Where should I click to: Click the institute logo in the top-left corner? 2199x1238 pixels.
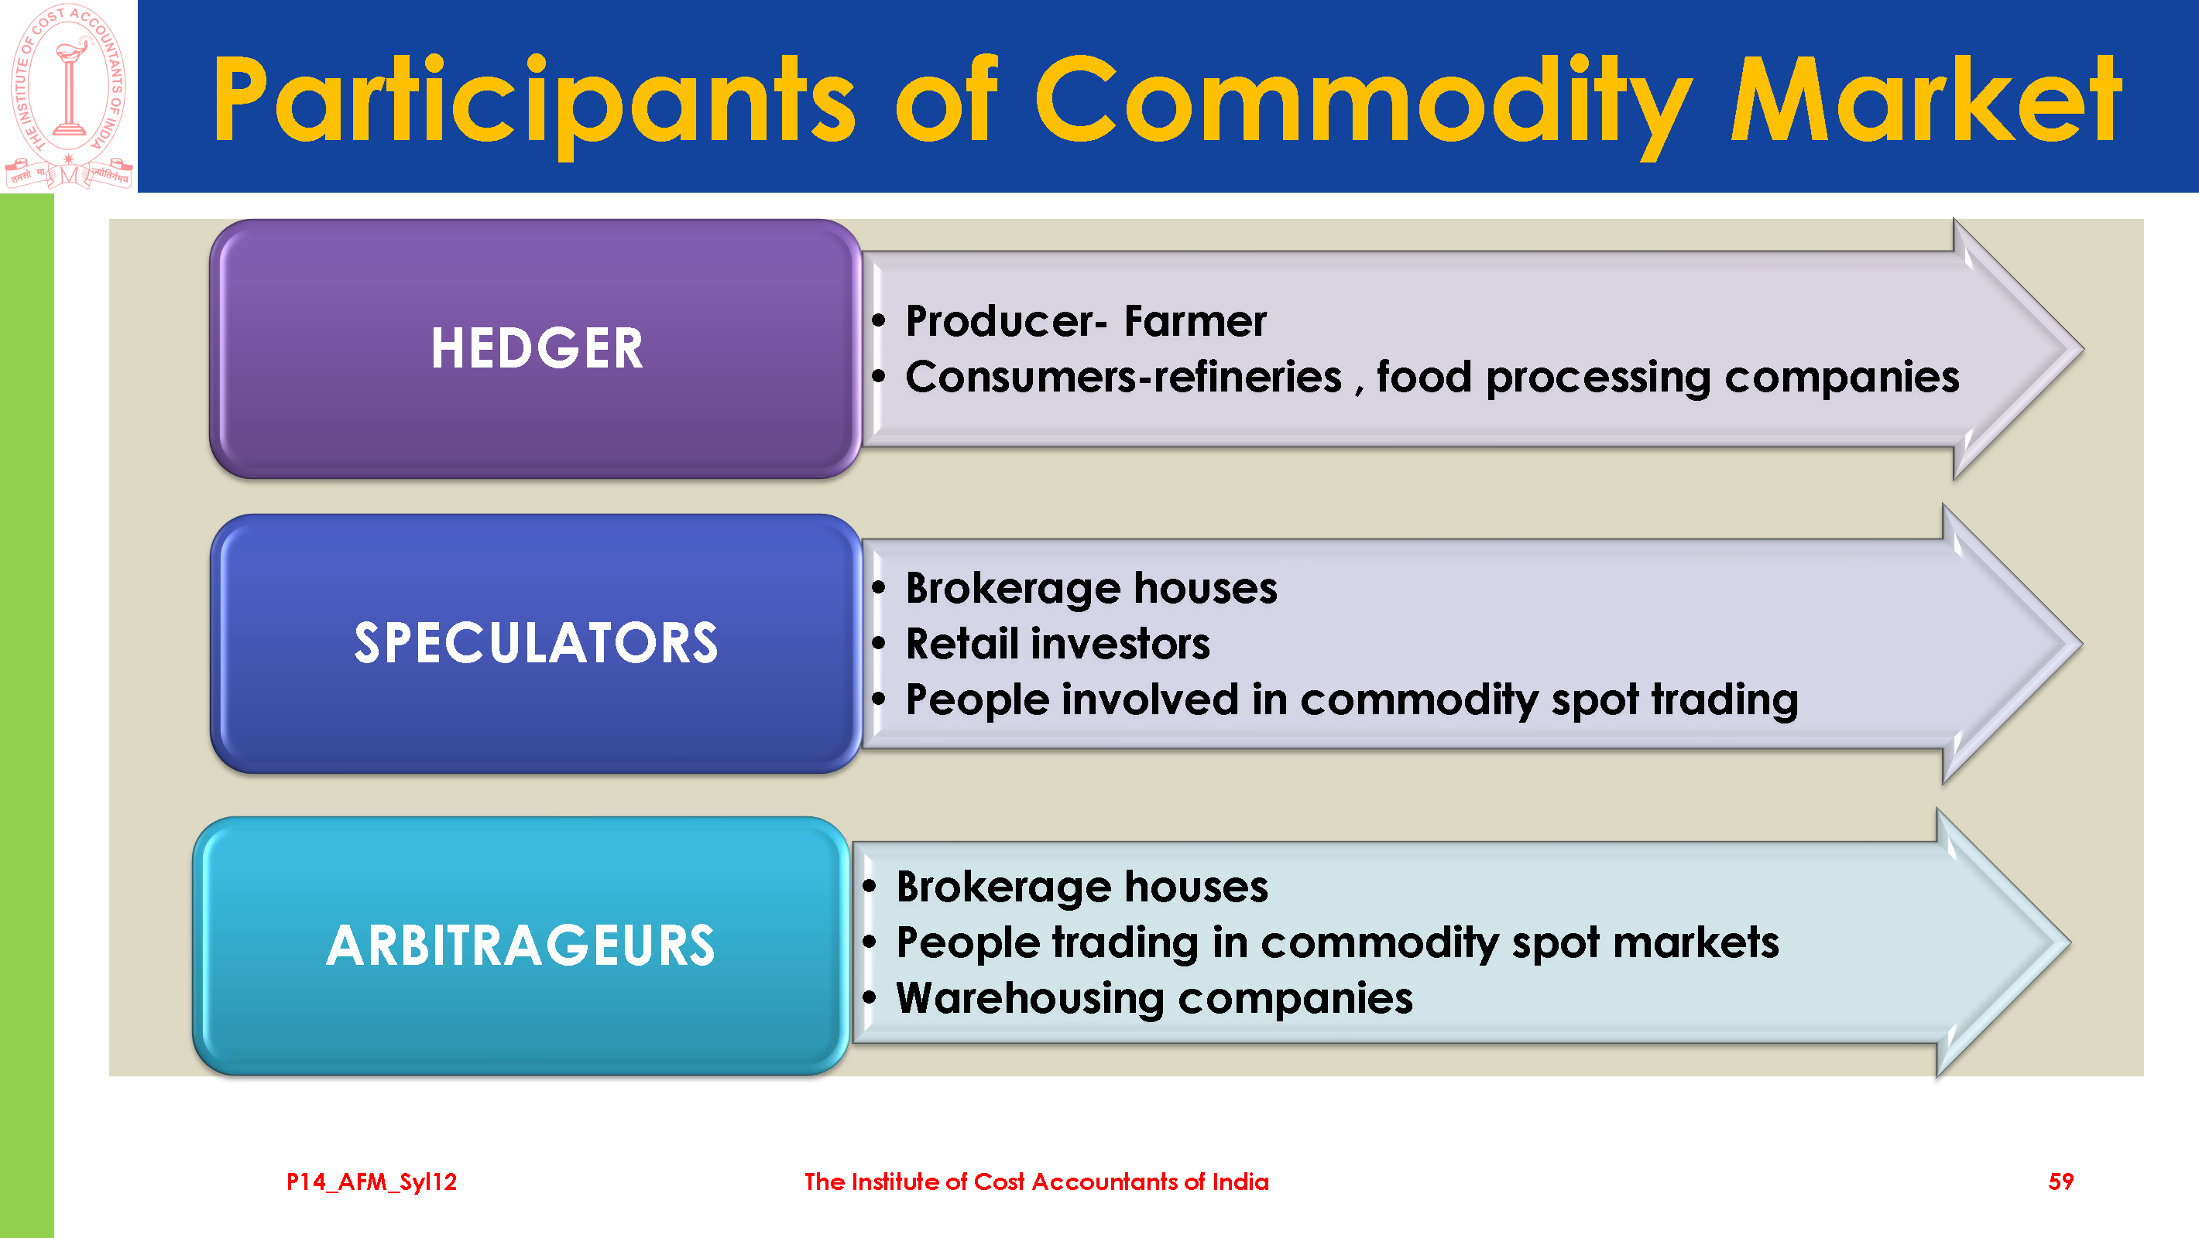(68, 96)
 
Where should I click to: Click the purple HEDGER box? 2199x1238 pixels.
(535, 348)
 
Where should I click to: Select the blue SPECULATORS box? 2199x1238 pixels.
(535, 643)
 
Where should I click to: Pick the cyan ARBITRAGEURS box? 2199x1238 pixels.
(521, 946)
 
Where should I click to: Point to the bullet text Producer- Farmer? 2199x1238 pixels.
(1086, 321)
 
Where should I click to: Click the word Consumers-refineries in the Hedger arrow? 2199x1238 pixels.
(1124, 376)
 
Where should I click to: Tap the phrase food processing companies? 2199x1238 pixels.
(1668, 378)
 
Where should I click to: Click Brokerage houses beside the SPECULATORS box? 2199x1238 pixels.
(1091, 588)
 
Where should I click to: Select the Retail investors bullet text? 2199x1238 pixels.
(1058, 643)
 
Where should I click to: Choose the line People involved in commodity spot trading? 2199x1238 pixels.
(1351, 700)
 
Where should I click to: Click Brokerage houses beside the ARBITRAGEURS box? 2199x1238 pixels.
(1082, 887)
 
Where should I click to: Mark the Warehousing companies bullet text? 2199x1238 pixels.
(1154, 999)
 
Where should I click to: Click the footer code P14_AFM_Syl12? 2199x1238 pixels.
(372, 1182)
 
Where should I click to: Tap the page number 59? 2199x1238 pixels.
(2060, 1182)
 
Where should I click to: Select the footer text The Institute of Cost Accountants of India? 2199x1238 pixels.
(1036, 1182)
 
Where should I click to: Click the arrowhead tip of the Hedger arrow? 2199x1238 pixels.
(2083, 349)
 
